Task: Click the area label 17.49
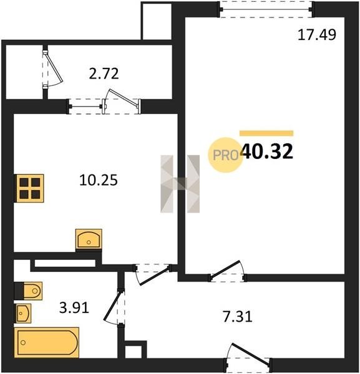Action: coord(317,35)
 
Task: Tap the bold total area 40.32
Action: coord(267,151)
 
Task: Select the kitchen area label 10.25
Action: coord(99,180)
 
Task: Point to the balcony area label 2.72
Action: coord(104,74)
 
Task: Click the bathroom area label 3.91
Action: coord(74,308)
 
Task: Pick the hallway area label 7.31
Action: coord(238,317)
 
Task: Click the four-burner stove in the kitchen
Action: coord(29,188)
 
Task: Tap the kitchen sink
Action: coord(89,239)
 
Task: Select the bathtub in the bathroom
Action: coord(47,342)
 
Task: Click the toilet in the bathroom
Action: coord(29,290)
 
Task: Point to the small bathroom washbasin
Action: coord(22,313)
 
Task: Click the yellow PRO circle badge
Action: coord(225,155)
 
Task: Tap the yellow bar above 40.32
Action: coord(266,133)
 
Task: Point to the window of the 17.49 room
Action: coord(266,9)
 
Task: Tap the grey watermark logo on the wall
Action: coord(180,184)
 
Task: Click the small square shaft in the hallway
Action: coord(135,350)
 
